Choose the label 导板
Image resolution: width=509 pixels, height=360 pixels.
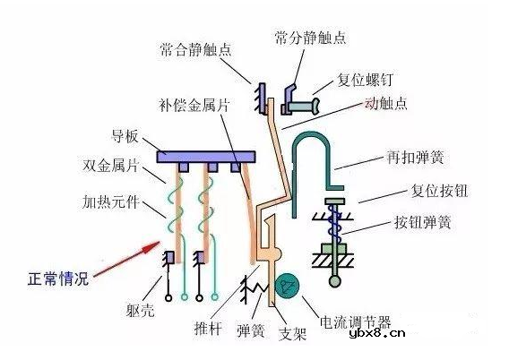click(124, 137)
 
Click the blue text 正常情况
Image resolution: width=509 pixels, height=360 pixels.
click(56, 280)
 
